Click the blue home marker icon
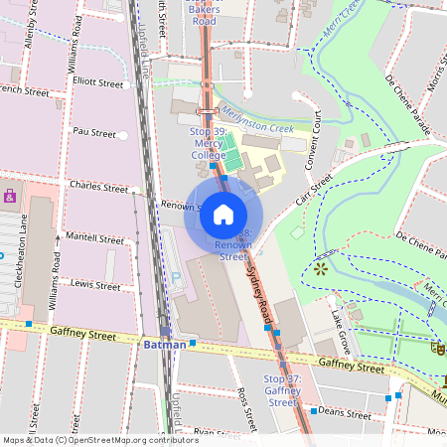pos(223,215)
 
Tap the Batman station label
pos(165,345)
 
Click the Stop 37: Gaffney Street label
pos(282,390)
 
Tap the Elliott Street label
pos(95,83)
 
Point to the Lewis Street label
pos(95,285)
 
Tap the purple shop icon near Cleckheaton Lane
pos(10,195)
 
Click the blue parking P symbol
pos(177,277)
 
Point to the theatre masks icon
pos(436,347)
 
